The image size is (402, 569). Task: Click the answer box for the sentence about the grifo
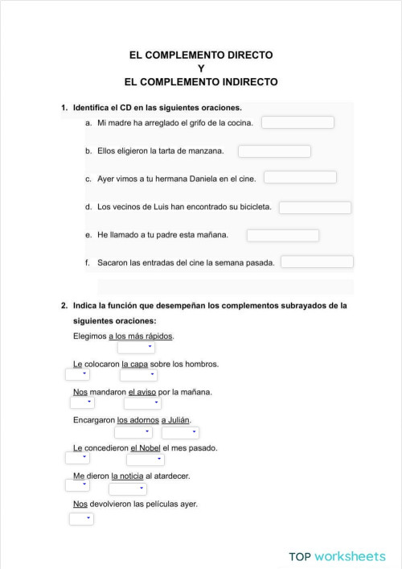[x=297, y=122]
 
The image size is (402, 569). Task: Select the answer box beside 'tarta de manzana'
[x=274, y=151]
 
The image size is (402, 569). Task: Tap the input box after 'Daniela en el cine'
[x=300, y=177]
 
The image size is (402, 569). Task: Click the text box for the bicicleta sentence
[x=315, y=208]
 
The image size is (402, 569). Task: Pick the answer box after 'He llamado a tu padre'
[x=283, y=236]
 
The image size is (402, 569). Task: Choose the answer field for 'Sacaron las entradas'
[x=317, y=262]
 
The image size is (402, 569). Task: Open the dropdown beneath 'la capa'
[x=139, y=375]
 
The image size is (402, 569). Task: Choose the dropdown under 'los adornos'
[x=133, y=432]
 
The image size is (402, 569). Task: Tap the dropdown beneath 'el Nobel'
[x=146, y=460]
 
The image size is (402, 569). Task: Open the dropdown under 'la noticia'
[x=127, y=489]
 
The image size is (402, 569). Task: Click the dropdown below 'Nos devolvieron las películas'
[x=81, y=519]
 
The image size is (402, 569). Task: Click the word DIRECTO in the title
[x=248, y=56]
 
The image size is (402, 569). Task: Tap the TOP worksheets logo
[x=338, y=556]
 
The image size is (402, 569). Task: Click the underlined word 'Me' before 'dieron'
[x=79, y=476]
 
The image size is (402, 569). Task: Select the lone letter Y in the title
[x=201, y=68]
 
